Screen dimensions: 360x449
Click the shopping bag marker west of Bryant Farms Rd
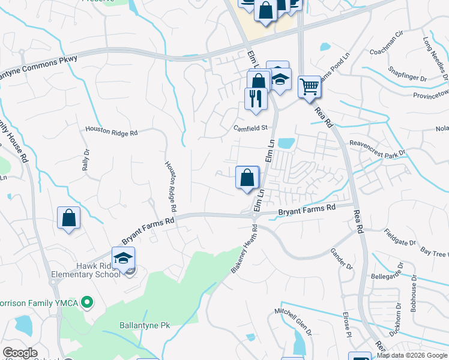pos(69,218)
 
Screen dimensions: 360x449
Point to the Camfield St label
pos(250,127)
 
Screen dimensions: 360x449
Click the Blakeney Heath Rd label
pos(244,251)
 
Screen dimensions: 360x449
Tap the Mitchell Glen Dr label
pos(294,322)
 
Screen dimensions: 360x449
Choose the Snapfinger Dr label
pos(406,79)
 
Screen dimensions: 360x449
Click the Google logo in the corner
pos(20,353)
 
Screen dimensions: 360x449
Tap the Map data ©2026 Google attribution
pos(412,355)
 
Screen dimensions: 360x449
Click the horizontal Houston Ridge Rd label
pos(111,130)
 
